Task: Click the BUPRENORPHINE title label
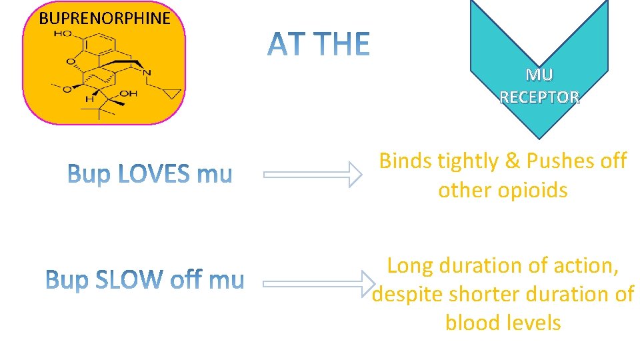[105, 18]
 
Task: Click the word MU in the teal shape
[539, 75]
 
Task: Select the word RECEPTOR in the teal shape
[539, 97]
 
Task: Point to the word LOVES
[155, 175]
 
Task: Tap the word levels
[533, 323]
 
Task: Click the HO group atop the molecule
[63, 33]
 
